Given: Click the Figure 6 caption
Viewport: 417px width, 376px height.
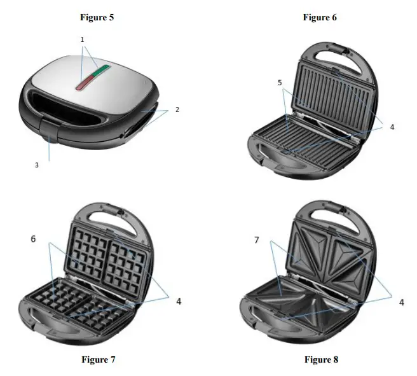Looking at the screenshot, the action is [320, 17].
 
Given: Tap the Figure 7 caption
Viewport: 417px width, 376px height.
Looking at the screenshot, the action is [99, 359].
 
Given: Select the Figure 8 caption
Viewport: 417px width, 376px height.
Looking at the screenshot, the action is [321, 359].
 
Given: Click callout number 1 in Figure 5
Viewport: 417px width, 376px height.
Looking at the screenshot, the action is [82, 39].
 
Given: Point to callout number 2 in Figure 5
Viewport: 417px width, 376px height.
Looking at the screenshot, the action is [177, 109].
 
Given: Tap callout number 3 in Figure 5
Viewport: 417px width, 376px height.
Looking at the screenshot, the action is [37, 164].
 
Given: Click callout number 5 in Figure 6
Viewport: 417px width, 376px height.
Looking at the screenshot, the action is [280, 83].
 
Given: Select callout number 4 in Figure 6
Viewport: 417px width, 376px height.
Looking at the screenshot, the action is [392, 127].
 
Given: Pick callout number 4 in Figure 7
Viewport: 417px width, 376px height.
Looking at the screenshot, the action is [179, 301].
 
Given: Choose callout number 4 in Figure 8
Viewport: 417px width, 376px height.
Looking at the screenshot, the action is [401, 302].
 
